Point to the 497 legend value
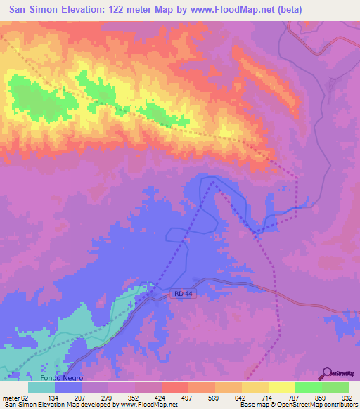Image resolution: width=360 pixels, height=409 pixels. pyautogui.click(x=167, y=397)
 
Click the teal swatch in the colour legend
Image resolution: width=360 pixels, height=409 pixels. pyautogui.click(x=41, y=387)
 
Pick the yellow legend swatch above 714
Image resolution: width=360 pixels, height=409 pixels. pyautogui.click(x=255, y=387)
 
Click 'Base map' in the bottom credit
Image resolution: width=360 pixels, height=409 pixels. pyautogui.click(x=254, y=404)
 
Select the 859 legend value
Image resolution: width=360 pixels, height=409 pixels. pyautogui.click(x=323, y=397)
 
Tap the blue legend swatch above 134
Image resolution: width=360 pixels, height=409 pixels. pyautogui.click(x=68, y=387)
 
